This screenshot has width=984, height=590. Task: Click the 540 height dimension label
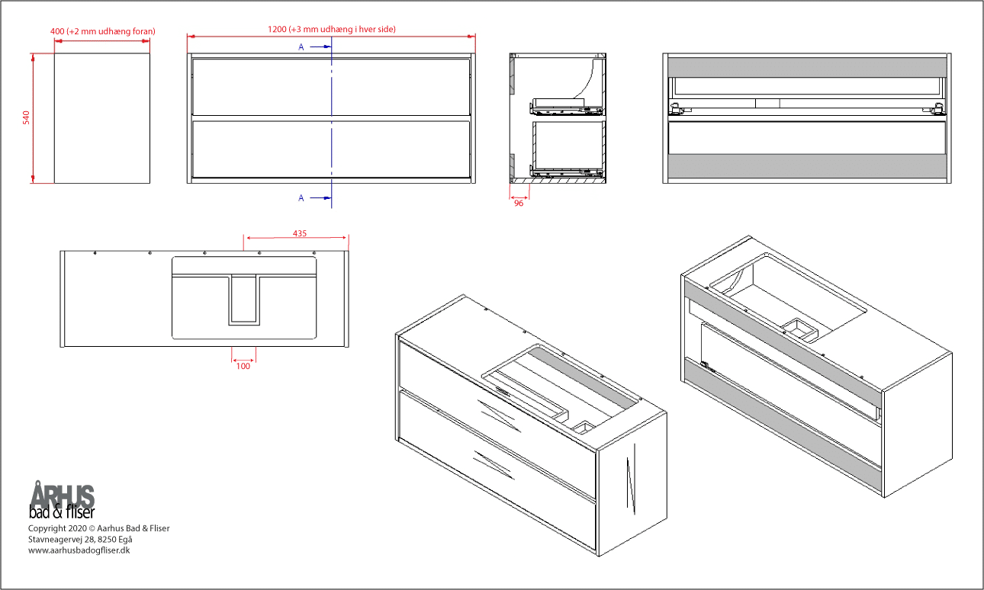26,117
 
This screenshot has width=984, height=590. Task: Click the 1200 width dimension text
331,29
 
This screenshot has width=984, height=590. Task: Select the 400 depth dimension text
102,31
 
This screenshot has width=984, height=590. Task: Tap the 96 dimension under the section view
519,204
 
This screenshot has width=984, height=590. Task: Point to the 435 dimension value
300,233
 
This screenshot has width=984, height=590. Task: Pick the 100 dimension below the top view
243,367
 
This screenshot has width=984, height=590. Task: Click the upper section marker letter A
301,46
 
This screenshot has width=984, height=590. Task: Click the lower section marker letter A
301,198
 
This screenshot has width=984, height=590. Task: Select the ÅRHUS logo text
63,495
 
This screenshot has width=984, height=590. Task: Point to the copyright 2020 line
98,528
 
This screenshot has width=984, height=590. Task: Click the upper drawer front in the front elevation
331,86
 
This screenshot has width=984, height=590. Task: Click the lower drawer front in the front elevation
331,149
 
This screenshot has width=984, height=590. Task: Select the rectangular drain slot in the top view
244,300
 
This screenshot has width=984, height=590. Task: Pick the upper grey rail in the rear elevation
806,66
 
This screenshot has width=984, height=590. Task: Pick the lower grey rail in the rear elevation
806,165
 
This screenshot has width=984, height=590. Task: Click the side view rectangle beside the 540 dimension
102,118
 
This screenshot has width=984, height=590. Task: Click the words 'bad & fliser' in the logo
61,511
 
